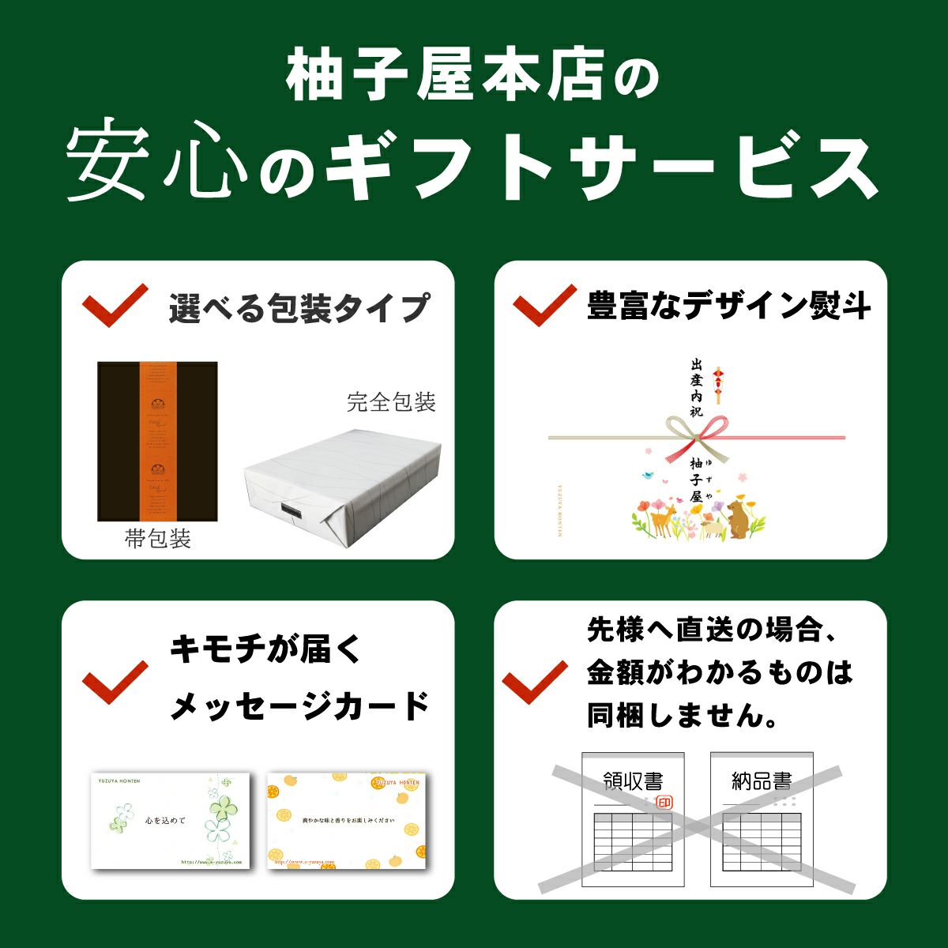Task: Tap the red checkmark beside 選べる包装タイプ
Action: click(115, 306)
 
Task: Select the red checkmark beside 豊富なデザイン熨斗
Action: click(544, 304)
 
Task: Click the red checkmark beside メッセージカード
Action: click(115, 681)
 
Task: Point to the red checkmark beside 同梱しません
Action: click(535, 681)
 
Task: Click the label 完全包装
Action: click(391, 402)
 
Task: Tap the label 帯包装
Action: click(157, 540)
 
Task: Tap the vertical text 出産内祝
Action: click(696, 388)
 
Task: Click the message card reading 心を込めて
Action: click(170, 821)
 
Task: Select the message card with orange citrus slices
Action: click(347, 821)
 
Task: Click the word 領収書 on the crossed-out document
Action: click(632, 782)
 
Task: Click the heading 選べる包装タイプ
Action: click(299, 307)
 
